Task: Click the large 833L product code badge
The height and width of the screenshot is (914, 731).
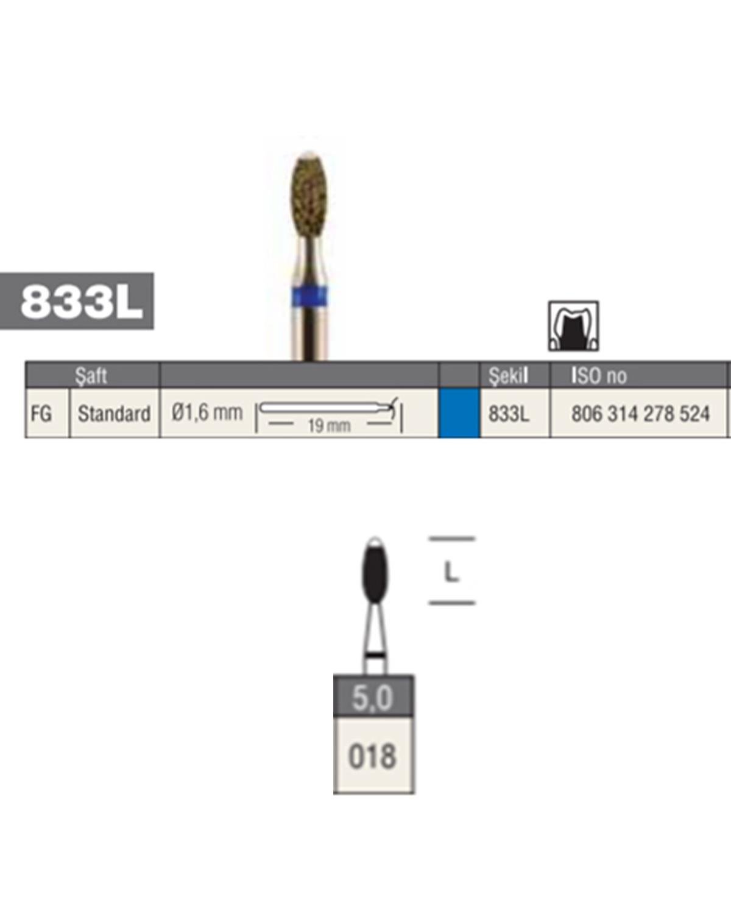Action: (77, 300)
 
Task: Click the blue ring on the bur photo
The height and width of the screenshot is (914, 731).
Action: (309, 297)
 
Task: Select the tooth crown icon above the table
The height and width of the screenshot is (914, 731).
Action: (573, 326)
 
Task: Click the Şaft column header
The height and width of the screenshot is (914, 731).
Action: (91, 376)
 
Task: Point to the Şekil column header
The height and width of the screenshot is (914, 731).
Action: (508, 375)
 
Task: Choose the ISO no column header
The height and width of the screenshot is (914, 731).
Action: (599, 376)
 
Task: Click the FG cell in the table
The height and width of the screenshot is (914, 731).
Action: (41, 413)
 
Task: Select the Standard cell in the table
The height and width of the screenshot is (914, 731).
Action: (115, 413)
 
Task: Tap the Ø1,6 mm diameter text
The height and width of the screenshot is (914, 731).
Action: (207, 412)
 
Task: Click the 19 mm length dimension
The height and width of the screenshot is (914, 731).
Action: (329, 425)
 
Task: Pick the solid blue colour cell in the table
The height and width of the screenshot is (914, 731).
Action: (459, 413)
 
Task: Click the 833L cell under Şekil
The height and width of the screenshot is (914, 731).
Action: (509, 413)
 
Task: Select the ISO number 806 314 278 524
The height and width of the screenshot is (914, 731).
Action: (640, 413)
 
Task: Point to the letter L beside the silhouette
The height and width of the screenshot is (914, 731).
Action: (451, 573)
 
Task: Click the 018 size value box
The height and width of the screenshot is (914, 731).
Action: (373, 756)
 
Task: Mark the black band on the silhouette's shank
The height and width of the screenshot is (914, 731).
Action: (375, 656)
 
